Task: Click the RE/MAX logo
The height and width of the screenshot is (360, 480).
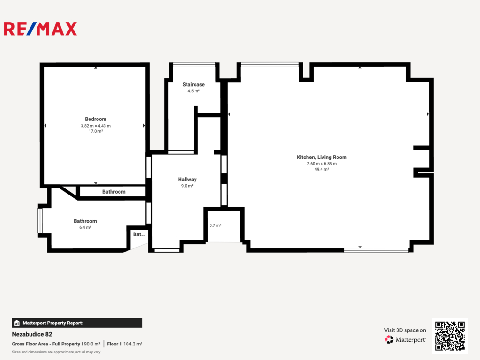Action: click(40, 29)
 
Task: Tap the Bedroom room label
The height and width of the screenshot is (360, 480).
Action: click(96, 119)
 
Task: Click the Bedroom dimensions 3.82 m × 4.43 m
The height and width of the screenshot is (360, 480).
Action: click(96, 126)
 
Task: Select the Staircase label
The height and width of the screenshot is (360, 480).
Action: click(194, 84)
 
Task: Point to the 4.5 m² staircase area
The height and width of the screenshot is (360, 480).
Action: click(194, 91)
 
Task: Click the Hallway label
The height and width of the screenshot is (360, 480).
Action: click(187, 180)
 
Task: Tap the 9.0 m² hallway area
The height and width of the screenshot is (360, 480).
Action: click(187, 186)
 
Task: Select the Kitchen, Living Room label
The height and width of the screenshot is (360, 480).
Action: click(322, 157)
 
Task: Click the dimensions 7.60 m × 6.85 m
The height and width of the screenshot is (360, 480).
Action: click(322, 164)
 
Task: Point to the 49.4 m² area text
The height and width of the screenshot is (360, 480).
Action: click(322, 169)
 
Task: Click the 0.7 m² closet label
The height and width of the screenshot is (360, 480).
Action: click(215, 225)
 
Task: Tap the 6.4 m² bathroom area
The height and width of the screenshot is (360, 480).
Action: click(85, 227)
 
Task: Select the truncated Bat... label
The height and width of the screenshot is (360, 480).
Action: click(139, 234)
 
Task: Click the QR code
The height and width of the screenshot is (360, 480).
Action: click(450, 336)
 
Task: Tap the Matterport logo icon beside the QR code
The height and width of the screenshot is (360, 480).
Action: click(389, 339)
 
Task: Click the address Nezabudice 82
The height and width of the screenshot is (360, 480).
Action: click(32, 334)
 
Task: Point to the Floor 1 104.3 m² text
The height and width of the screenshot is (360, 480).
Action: click(125, 344)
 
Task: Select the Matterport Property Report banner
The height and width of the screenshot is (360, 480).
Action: click(77, 323)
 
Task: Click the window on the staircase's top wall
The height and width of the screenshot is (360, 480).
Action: click(194, 65)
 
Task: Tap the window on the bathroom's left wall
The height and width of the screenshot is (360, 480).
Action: click(40, 220)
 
